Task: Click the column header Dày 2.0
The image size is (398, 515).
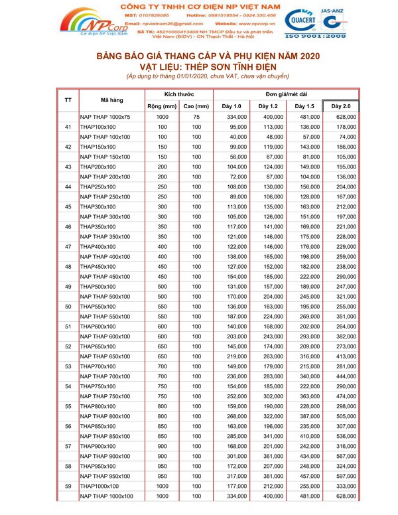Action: tap(341, 106)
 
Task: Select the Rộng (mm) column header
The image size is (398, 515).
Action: tap(162, 106)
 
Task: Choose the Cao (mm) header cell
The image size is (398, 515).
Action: tap(196, 106)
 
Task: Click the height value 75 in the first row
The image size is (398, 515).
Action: tap(196, 117)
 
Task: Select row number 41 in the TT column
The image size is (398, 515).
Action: tap(68, 127)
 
